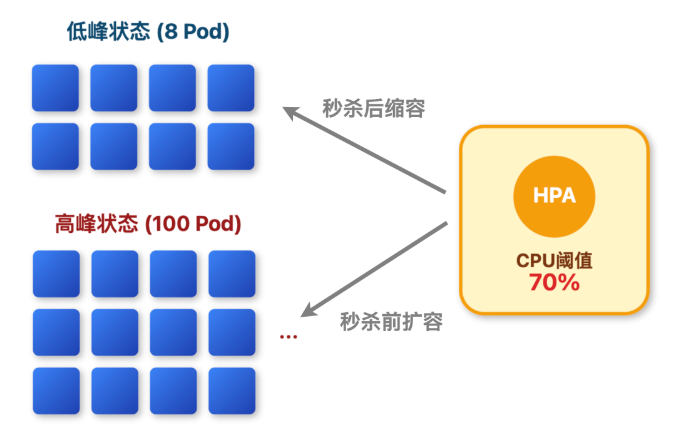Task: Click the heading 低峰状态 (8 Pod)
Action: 148,32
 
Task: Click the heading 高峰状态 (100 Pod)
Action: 148,223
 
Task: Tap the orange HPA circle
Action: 554,196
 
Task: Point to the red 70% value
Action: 554,282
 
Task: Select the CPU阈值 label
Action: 554,260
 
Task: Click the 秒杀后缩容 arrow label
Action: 374,109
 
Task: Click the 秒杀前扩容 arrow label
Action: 391,322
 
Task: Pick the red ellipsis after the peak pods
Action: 288,337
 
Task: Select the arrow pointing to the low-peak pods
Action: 363,149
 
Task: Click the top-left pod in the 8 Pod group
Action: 55,88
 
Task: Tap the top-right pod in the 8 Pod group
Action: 231,88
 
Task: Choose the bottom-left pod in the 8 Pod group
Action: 55,146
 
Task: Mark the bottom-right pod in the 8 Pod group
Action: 231,146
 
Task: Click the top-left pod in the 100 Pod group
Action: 56,274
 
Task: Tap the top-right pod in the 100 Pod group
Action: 232,274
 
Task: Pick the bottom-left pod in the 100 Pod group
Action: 56,391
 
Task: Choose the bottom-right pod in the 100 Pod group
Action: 232,391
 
